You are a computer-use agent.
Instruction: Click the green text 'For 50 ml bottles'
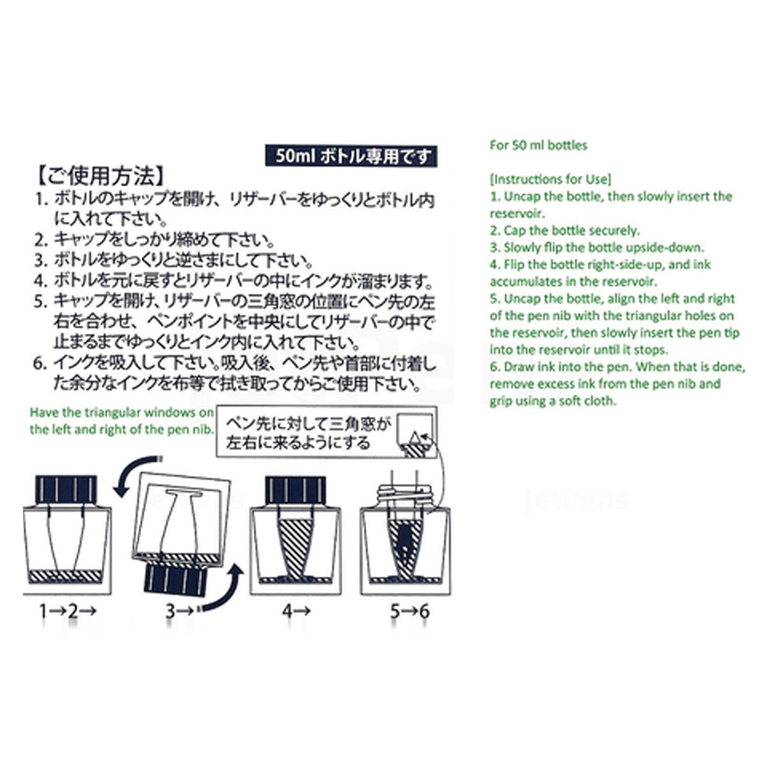(x=538, y=145)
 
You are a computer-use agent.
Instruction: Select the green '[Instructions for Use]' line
(x=550, y=179)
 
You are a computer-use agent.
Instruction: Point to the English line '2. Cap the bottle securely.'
(x=565, y=231)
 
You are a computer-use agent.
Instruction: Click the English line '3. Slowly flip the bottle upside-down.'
(x=597, y=247)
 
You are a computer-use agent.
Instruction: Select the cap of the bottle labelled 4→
(x=295, y=490)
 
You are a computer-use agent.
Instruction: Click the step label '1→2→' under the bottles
(x=68, y=611)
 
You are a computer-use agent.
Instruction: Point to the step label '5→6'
(x=410, y=611)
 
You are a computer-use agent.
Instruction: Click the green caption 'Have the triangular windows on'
(x=122, y=413)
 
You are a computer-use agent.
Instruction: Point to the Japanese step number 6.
(x=40, y=364)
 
